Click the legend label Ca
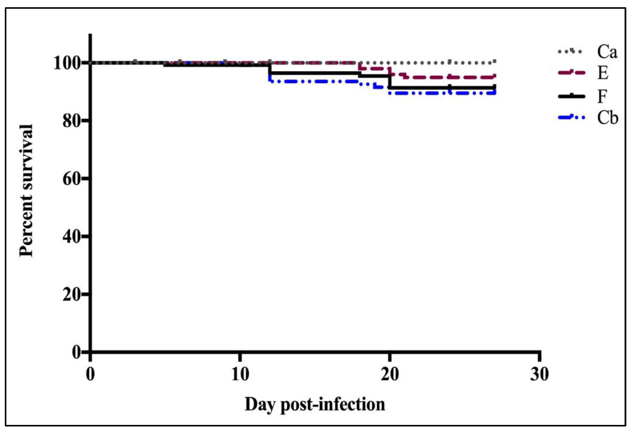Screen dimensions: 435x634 [x=607, y=52]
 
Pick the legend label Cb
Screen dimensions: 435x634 [x=607, y=118]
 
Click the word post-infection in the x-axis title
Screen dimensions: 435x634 [x=333, y=405]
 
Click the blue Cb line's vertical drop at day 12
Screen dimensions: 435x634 [x=269, y=78]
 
